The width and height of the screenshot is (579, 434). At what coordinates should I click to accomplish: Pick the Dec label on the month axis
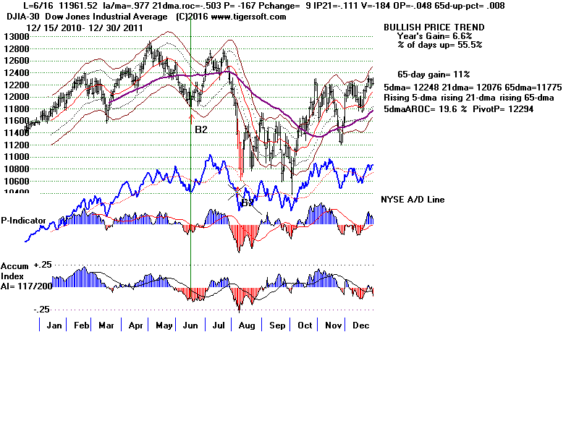click(360, 325)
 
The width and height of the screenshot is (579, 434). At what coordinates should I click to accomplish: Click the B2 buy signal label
click(201, 129)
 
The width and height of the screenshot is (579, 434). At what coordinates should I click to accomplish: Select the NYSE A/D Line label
click(413, 200)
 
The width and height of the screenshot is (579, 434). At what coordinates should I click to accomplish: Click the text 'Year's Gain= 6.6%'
click(434, 35)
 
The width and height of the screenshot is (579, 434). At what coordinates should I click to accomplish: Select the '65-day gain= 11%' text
click(434, 75)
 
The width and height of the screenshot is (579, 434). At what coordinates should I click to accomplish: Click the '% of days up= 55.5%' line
click(439, 44)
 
